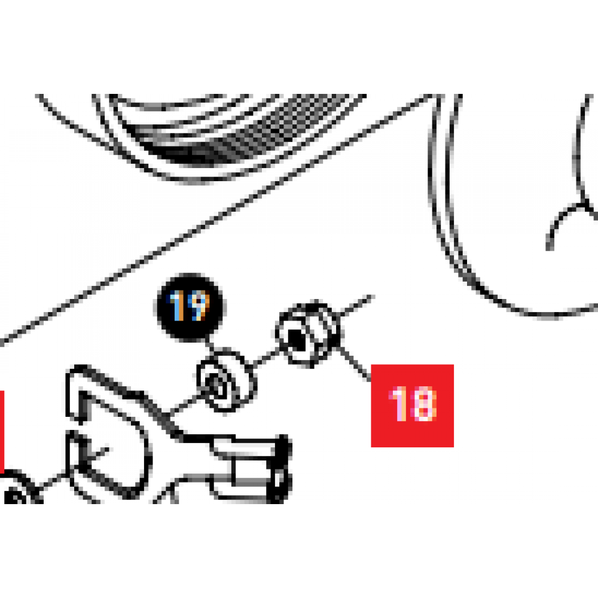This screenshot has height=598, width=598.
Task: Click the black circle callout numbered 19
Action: coord(190,306)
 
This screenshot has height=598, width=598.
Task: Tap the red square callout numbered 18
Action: coord(412,405)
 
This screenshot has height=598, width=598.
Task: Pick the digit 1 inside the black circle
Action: coord(177,306)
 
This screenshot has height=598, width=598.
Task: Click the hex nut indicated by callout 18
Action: coord(308,334)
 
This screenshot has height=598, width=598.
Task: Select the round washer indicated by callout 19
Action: coord(227,380)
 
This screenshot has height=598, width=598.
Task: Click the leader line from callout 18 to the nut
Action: coord(355,364)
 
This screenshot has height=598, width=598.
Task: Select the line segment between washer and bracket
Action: coord(184,405)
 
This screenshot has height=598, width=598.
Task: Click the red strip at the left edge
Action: coord(2,432)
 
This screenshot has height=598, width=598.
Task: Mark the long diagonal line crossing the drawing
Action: coord(218,219)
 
